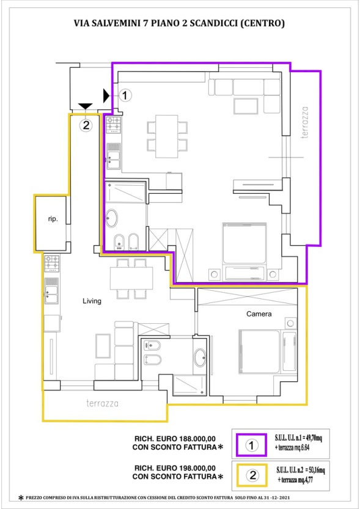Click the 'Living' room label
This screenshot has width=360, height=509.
92,301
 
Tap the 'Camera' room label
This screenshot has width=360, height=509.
259,314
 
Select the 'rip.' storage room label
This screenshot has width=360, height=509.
53,219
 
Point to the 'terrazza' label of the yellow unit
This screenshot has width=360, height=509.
102,403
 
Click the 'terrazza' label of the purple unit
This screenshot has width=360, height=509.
304,122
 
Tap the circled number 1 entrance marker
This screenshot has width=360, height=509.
125,95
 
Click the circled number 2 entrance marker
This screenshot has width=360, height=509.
86,125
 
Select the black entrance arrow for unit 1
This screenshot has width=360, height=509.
106,95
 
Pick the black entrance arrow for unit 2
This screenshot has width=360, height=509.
86,106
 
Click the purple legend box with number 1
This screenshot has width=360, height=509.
252,445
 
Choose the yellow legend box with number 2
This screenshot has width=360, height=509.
252,475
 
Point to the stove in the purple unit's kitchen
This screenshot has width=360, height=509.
114,125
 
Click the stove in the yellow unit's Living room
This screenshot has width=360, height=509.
52,263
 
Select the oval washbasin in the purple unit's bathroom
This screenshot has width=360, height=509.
112,218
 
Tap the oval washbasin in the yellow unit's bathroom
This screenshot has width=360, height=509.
200,357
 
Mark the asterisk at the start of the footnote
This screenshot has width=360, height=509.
21,497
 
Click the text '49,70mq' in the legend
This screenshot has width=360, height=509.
313,438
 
